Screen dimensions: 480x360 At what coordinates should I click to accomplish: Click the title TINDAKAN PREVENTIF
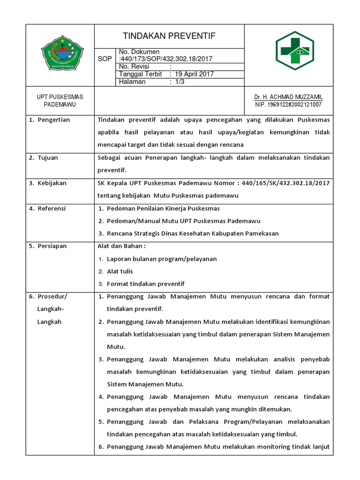(169, 36)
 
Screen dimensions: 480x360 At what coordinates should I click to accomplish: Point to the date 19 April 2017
(191, 74)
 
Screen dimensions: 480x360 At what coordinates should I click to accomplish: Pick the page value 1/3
(180, 82)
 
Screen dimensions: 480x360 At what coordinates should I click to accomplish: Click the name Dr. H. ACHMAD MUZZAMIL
(289, 97)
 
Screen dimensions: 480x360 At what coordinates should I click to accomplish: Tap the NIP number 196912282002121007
(289, 105)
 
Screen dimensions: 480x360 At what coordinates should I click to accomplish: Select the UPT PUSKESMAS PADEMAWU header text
(60, 101)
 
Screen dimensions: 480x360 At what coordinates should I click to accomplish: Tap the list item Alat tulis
(120, 271)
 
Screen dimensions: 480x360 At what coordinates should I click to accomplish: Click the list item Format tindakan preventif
(145, 284)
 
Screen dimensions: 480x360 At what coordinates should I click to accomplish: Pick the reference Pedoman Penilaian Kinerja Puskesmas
(163, 208)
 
